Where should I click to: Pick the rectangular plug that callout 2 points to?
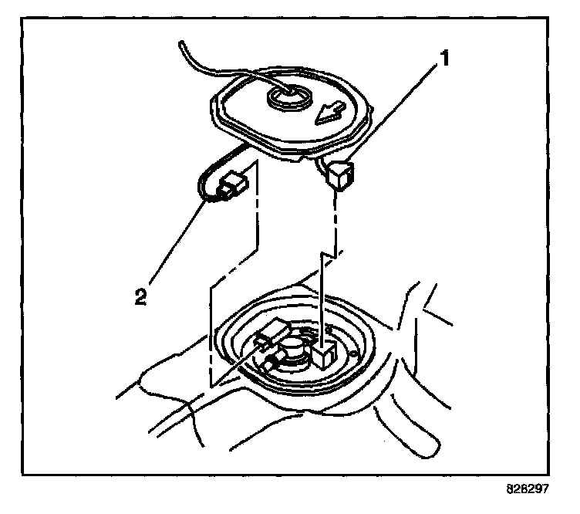click(x=231, y=185)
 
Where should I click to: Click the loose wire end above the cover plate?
click(x=183, y=46)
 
